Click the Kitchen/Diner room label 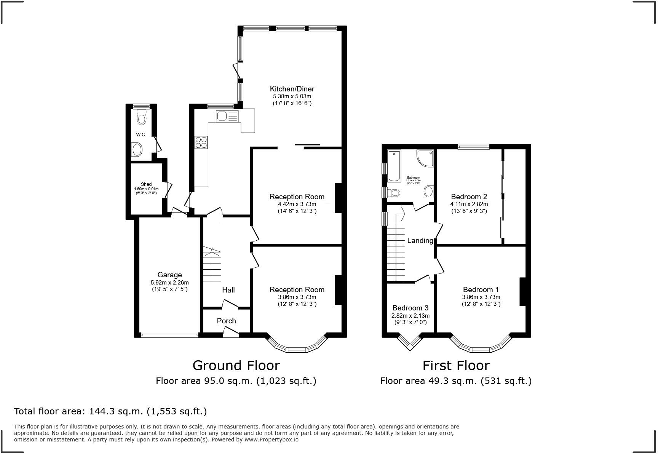[x=292, y=89]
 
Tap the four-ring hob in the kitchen [x=201, y=142]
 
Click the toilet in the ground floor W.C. [x=142, y=117]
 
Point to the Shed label [x=146, y=184]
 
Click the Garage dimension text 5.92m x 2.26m [x=169, y=283]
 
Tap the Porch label [x=226, y=321]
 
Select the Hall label [x=228, y=290]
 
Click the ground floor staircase [x=212, y=265]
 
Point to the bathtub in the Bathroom [x=394, y=166]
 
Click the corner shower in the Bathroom [x=426, y=158]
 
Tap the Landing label [x=420, y=240]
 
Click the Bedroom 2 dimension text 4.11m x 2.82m [x=469, y=204]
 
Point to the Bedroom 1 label [x=481, y=289]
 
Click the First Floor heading [x=456, y=365]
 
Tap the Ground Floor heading [x=236, y=365]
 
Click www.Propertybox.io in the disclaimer [x=271, y=439]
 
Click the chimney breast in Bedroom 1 [x=522, y=291]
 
